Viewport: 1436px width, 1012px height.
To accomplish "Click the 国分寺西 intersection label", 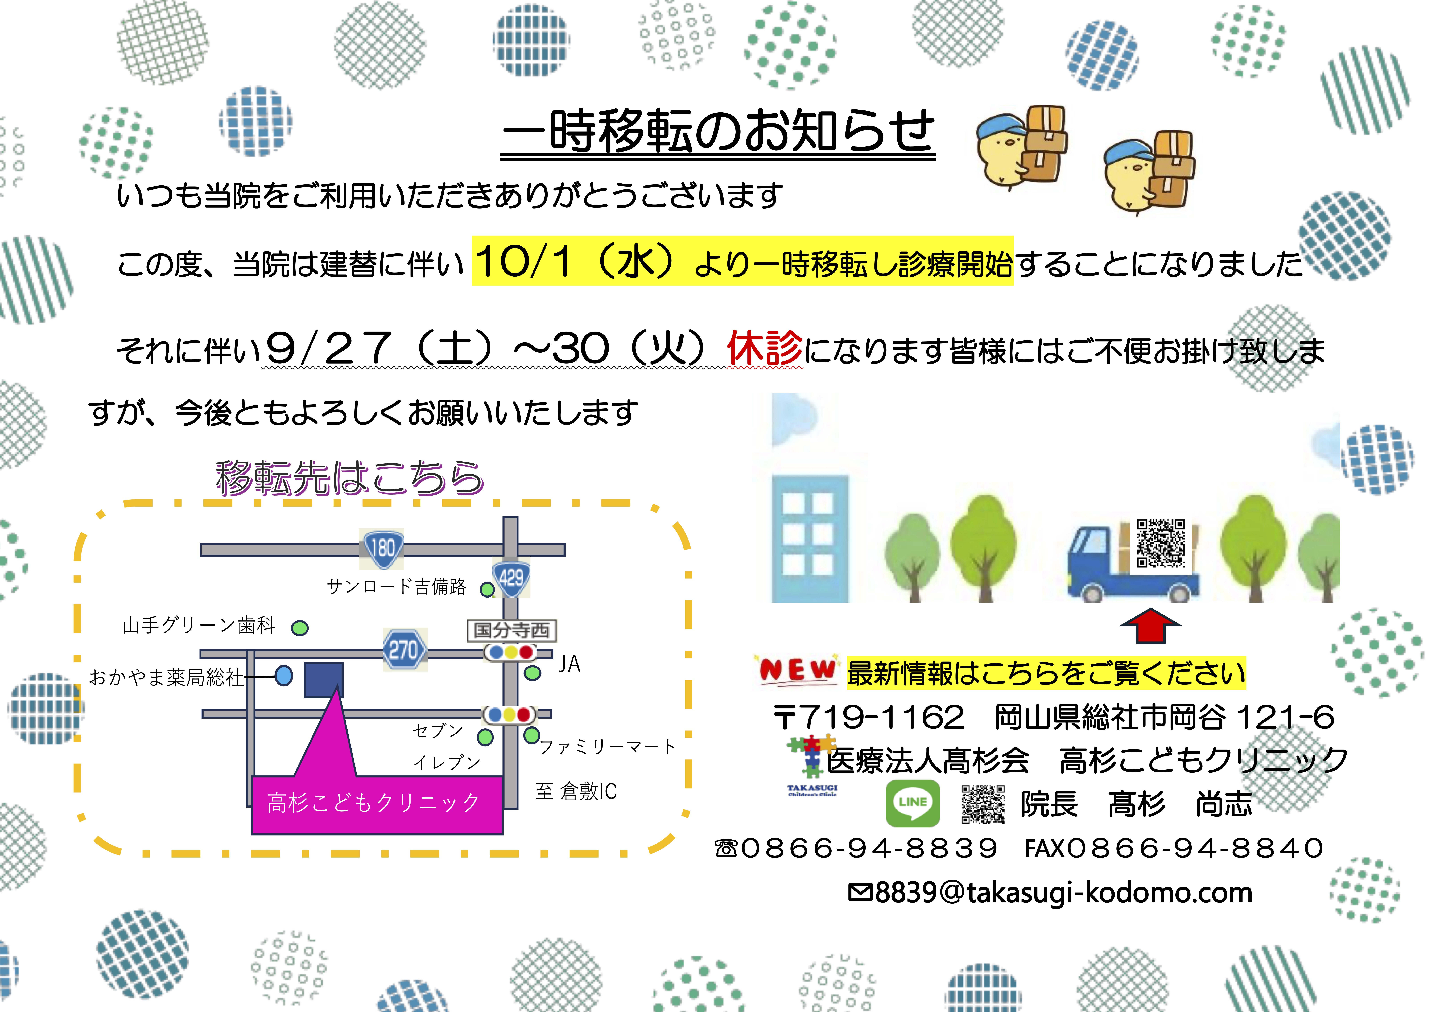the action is pyautogui.click(x=512, y=630).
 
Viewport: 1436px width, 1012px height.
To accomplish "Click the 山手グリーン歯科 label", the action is pyautogui.click(x=199, y=625).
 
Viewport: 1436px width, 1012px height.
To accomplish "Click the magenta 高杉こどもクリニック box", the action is pyautogui.click(x=377, y=805).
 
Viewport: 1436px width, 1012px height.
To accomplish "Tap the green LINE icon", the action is pyautogui.click(x=913, y=804).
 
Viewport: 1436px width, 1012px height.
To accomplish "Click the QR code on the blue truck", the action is pyautogui.click(x=1161, y=543).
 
